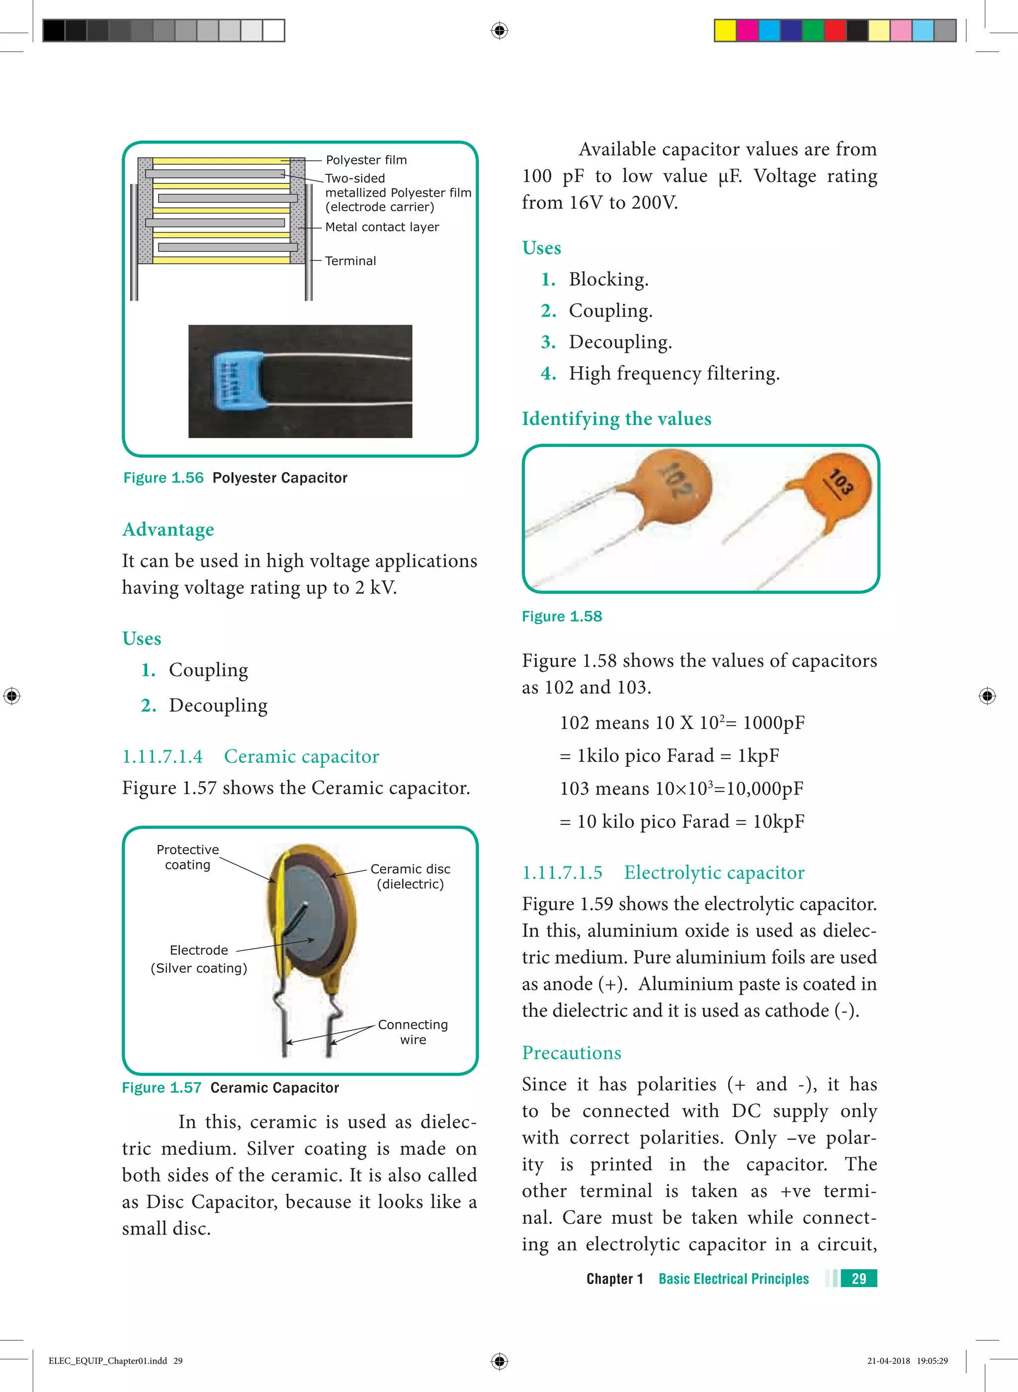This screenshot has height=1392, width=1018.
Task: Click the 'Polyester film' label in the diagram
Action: tap(366, 160)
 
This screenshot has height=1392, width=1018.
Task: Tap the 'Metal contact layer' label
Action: tap(382, 227)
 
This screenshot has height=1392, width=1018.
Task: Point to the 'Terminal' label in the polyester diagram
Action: tap(350, 260)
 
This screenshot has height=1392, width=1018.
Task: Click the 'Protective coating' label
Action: tap(187, 857)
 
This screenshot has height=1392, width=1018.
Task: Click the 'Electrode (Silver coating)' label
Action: tap(198, 959)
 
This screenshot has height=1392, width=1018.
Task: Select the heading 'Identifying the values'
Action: tap(616, 419)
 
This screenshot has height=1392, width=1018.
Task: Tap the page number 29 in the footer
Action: tap(858, 1279)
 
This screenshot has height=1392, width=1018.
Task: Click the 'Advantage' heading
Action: tap(168, 530)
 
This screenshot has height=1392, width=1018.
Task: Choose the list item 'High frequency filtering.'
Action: tap(674, 373)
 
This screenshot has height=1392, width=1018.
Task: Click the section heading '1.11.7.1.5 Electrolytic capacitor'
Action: tap(663, 873)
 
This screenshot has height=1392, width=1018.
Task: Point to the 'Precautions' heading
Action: tap(571, 1053)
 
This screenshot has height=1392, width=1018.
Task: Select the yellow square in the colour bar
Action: tap(725, 30)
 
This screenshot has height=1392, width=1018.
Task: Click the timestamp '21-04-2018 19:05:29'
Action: tap(907, 1361)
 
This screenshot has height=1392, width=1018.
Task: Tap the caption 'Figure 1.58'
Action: tap(561, 617)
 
